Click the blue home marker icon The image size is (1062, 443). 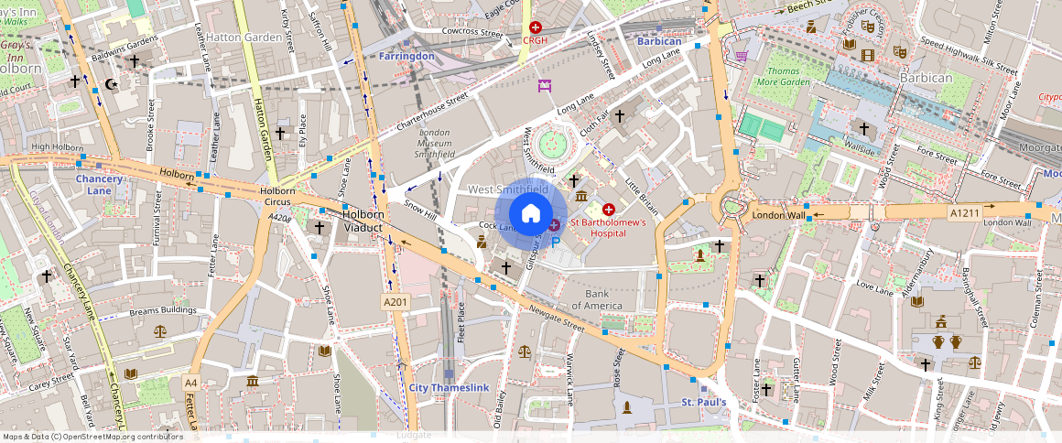(x=530, y=212)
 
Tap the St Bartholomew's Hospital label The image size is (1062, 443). (x=609, y=228)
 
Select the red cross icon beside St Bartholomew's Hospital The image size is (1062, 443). (x=609, y=210)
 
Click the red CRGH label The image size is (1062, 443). (x=535, y=40)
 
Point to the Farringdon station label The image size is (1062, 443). (x=406, y=56)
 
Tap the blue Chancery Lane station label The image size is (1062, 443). (x=99, y=185)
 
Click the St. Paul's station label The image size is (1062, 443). (x=704, y=403)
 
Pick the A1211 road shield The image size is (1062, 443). (x=964, y=212)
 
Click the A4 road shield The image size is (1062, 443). (x=190, y=382)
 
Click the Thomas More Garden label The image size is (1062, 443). (x=788, y=76)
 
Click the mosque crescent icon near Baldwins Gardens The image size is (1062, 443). (x=114, y=83)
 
